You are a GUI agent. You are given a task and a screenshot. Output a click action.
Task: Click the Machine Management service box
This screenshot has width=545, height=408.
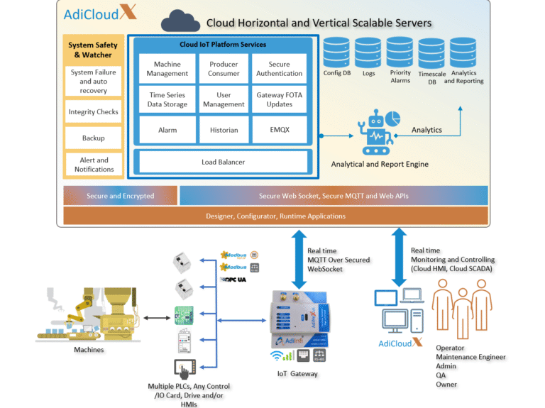[167, 69]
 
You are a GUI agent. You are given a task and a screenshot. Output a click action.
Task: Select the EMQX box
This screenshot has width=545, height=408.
[279, 130]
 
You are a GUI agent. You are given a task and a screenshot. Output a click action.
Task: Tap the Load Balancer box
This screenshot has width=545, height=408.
[223, 162]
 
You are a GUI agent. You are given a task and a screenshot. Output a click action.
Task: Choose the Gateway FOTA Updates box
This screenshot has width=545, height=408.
[279, 99]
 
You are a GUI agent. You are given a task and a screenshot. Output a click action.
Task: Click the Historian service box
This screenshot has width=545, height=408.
[224, 130]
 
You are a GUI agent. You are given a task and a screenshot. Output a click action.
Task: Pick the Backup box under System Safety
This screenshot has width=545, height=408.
[93, 138]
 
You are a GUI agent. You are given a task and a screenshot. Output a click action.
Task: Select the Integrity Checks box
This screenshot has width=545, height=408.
[93, 112]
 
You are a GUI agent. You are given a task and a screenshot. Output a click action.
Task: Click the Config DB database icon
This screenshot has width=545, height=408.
[336, 52]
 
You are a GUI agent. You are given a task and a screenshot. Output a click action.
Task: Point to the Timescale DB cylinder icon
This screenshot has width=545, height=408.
[431, 55]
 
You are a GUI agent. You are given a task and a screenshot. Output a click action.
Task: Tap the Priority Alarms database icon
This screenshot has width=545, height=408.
[400, 52]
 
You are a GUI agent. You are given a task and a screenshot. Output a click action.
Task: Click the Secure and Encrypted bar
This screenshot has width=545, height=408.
[120, 196]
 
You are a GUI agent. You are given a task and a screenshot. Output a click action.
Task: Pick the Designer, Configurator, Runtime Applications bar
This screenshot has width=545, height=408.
[275, 216]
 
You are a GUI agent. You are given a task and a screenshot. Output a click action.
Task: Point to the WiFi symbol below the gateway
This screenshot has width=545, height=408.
[278, 355]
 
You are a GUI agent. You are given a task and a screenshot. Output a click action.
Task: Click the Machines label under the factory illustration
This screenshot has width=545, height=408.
[89, 349]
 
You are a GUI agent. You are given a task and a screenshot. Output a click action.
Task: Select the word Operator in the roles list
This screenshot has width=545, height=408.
[450, 348]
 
